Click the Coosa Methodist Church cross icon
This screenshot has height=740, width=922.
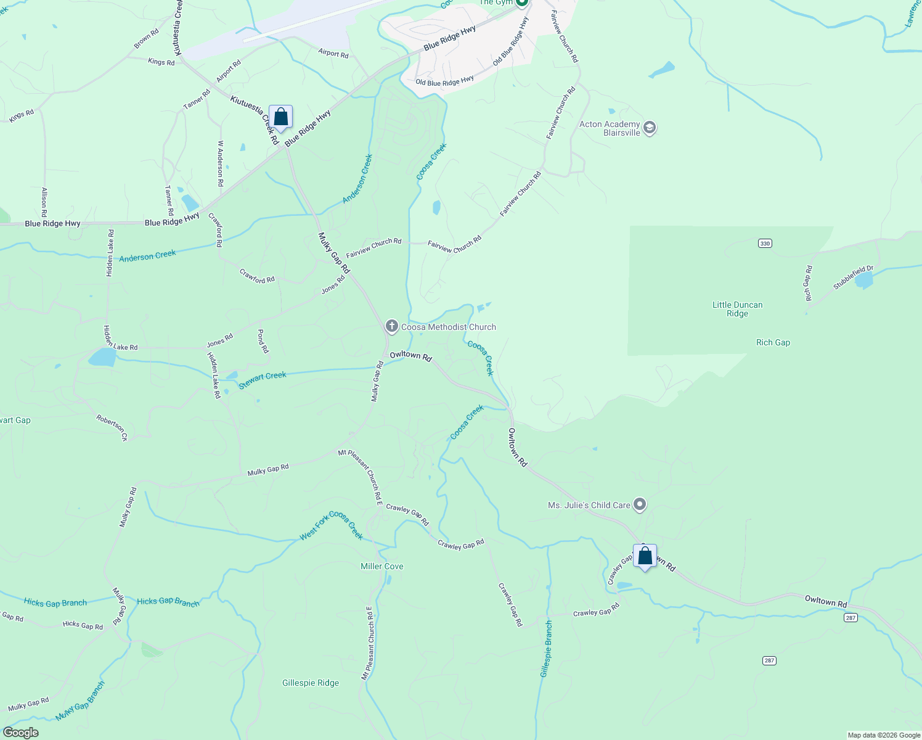[391, 326]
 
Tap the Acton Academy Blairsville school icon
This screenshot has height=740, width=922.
[649, 128]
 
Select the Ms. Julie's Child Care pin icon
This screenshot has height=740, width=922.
[640, 505]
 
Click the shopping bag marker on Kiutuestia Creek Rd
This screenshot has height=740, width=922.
[280, 117]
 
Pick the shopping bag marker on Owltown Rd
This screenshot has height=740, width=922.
[645, 556]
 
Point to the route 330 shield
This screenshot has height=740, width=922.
[764, 244]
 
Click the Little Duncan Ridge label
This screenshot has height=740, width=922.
[737, 309]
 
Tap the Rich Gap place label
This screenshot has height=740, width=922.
[773, 343]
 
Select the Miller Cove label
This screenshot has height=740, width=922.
[382, 566]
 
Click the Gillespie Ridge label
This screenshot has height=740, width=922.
[311, 683]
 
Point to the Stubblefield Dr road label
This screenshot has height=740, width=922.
[854, 277]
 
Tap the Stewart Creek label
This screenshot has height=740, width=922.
[263, 379]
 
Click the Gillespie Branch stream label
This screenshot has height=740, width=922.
[546, 649]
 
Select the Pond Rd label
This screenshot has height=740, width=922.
[263, 341]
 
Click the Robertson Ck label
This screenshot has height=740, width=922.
[112, 428]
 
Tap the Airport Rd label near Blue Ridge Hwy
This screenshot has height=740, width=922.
[333, 54]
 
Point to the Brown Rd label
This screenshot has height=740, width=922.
[146, 39]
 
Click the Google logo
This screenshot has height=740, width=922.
[21, 733]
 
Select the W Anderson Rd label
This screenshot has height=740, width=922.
[220, 163]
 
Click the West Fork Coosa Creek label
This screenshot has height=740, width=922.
[332, 525]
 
